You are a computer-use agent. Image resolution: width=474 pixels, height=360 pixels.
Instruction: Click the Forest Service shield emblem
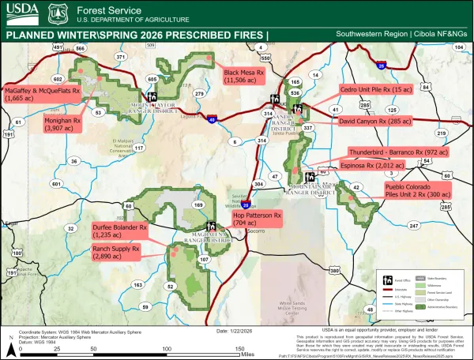coord(55,13)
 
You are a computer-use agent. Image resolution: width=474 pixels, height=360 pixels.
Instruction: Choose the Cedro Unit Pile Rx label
coord(375,91)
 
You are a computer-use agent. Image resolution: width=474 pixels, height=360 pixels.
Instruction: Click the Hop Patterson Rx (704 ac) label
coord(256,219)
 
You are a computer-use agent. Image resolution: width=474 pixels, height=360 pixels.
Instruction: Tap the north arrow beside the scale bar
coord(9,343)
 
